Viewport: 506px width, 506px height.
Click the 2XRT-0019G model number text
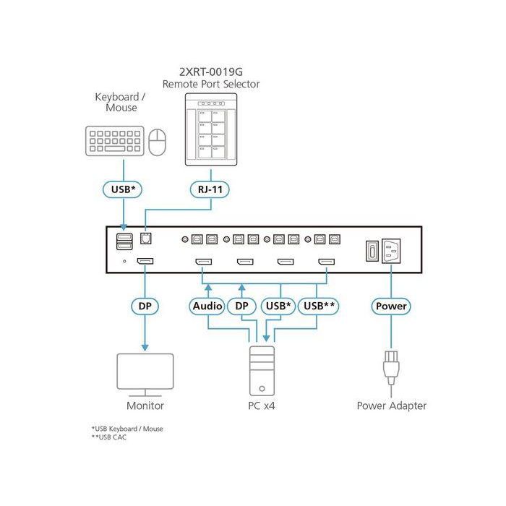[x=210, y=72]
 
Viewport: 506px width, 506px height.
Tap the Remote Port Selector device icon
[x=210, y=130]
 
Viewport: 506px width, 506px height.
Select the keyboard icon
[x=114, y=140]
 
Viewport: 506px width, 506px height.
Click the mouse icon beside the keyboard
[x=158, y=142]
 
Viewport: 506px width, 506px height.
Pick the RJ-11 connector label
[x=210, y=189]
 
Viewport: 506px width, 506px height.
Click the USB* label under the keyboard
[x=123, y=189]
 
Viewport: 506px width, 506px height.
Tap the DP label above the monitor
[x=145, y=306]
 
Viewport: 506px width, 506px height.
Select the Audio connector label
[x=207, y=306]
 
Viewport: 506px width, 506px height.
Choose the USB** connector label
[x=319, y=306]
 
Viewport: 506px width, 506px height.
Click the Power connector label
[x=391, y=306]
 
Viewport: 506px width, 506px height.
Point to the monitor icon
[x=145, y=373]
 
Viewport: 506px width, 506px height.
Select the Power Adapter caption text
[x=391, y=406]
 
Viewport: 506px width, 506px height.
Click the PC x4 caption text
[x=261, y=406]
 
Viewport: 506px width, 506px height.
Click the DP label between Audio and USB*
[x=241, y=306]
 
